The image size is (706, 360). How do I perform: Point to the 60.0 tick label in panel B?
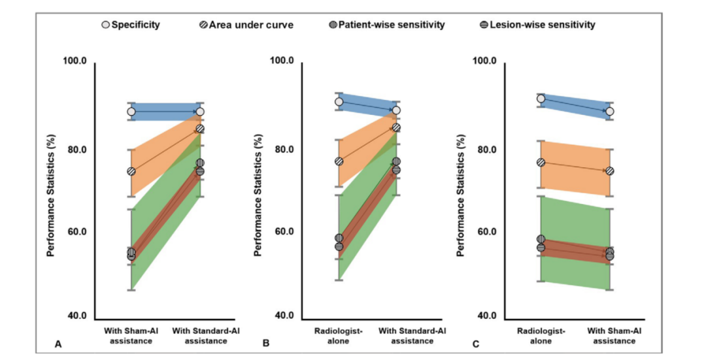coord(282,232)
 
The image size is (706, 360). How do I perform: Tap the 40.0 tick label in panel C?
coord(484,316)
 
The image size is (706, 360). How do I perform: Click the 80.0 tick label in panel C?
coord(484,149)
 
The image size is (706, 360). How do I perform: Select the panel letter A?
coord(58,343)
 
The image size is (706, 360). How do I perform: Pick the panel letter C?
coord(475,343)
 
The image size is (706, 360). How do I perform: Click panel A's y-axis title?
coord(51,189)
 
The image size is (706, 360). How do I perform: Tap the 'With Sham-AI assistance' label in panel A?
coord(131,336)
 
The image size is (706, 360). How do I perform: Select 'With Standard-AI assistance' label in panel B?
coord(396,336)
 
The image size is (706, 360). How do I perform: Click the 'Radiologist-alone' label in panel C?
coord(541,336)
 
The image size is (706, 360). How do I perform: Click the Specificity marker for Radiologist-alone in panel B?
coord(339,101)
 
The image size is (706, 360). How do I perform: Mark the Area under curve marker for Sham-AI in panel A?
coord(131,171)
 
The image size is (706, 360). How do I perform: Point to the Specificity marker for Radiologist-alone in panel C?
coord(541,99)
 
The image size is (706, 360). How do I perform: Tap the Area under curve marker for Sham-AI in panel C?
coord(610,171)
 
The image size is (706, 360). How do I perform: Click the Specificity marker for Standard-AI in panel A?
coord(200,112)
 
